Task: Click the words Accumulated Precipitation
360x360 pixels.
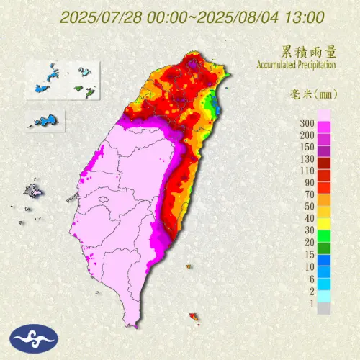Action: [296, 66]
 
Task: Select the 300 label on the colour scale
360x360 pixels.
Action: [307, 123]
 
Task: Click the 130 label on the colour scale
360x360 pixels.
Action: [307, 158]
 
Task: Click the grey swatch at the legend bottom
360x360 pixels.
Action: [323, 308]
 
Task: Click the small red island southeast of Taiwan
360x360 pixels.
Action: [192, 315]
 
